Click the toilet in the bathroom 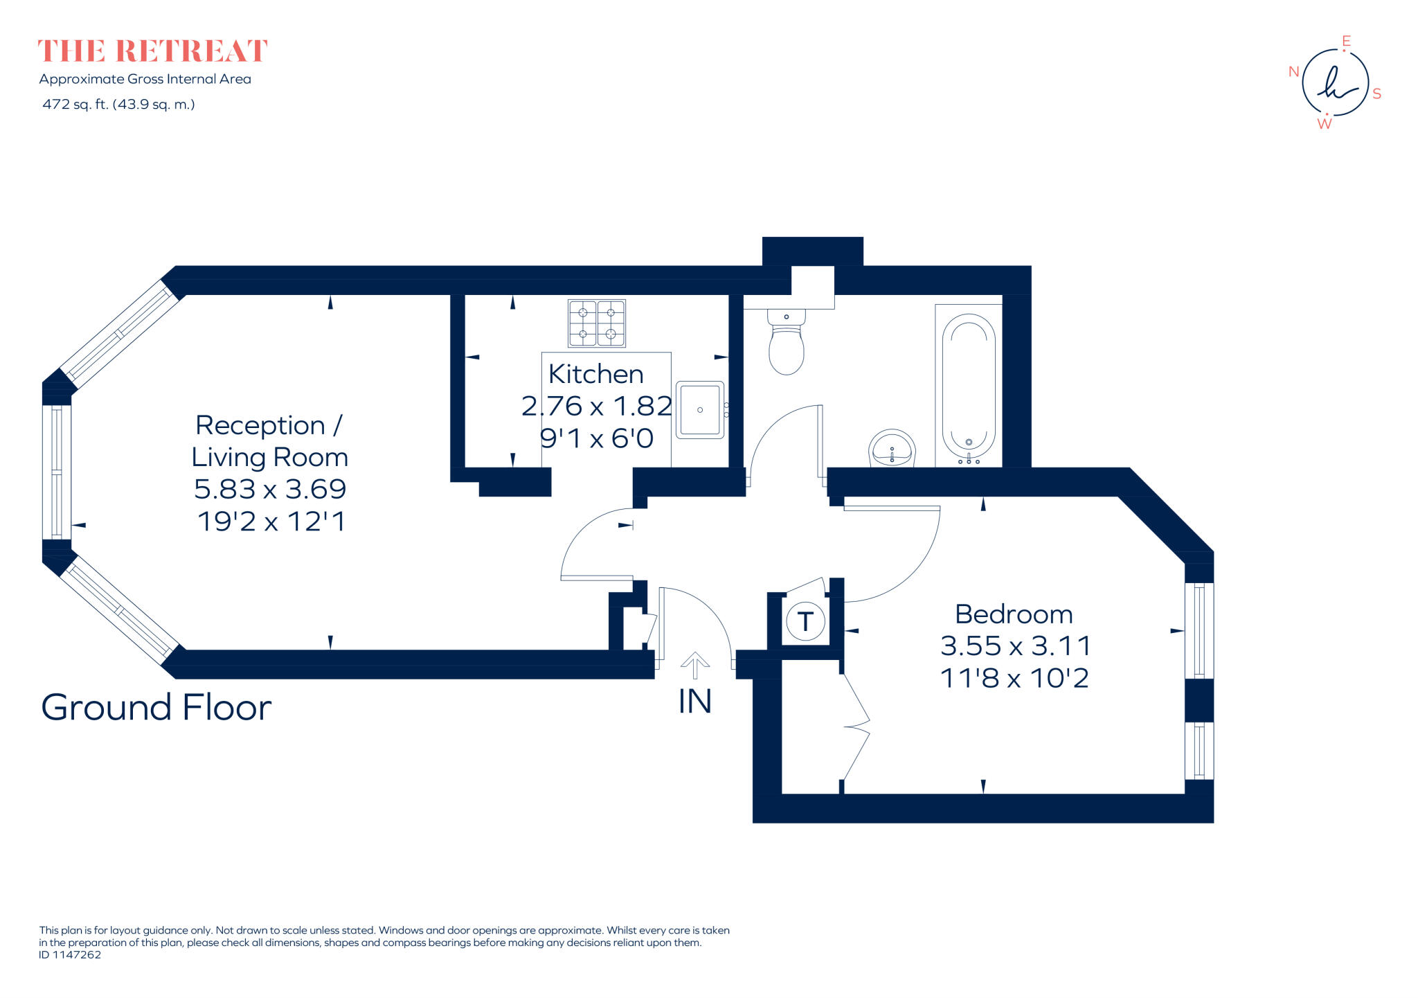pyautogui.click(x=786, y=344)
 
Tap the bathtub pyautogui.click(x=968, y=386)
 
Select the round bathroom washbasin pyautogui.click(x=892, y=448)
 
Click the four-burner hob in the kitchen pyautogui.click(x=596, y=323)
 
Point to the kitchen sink pyautogui.click(x=699, y=409)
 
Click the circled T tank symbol pyautogui.click(x=805, y=621)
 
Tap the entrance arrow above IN pyautogui.click(x=694, y=666)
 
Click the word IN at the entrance pyautogui.click(x=694, y=702)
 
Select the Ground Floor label pyautogui.click(x=156, y=707)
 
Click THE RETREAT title pyautogui.click(x=152, y=51)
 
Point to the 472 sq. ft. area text pyautogui.click(x=118, y=105)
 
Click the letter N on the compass pyautogui.click(x=1293, y=71)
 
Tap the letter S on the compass pyautogui.click(x=1376, y=93)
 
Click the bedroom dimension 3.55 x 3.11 pyautogui.click(x=1015, y=645)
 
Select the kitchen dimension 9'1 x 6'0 pyautogui.click(x=596, y=438)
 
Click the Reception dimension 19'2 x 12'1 pyautogui.click(x=271, y=521)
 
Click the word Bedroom pyautogui.click(x=1014, y=614)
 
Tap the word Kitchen pyautogui.click(x=595, y=374)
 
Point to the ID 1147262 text pyautogui.click(x=70, y=954)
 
